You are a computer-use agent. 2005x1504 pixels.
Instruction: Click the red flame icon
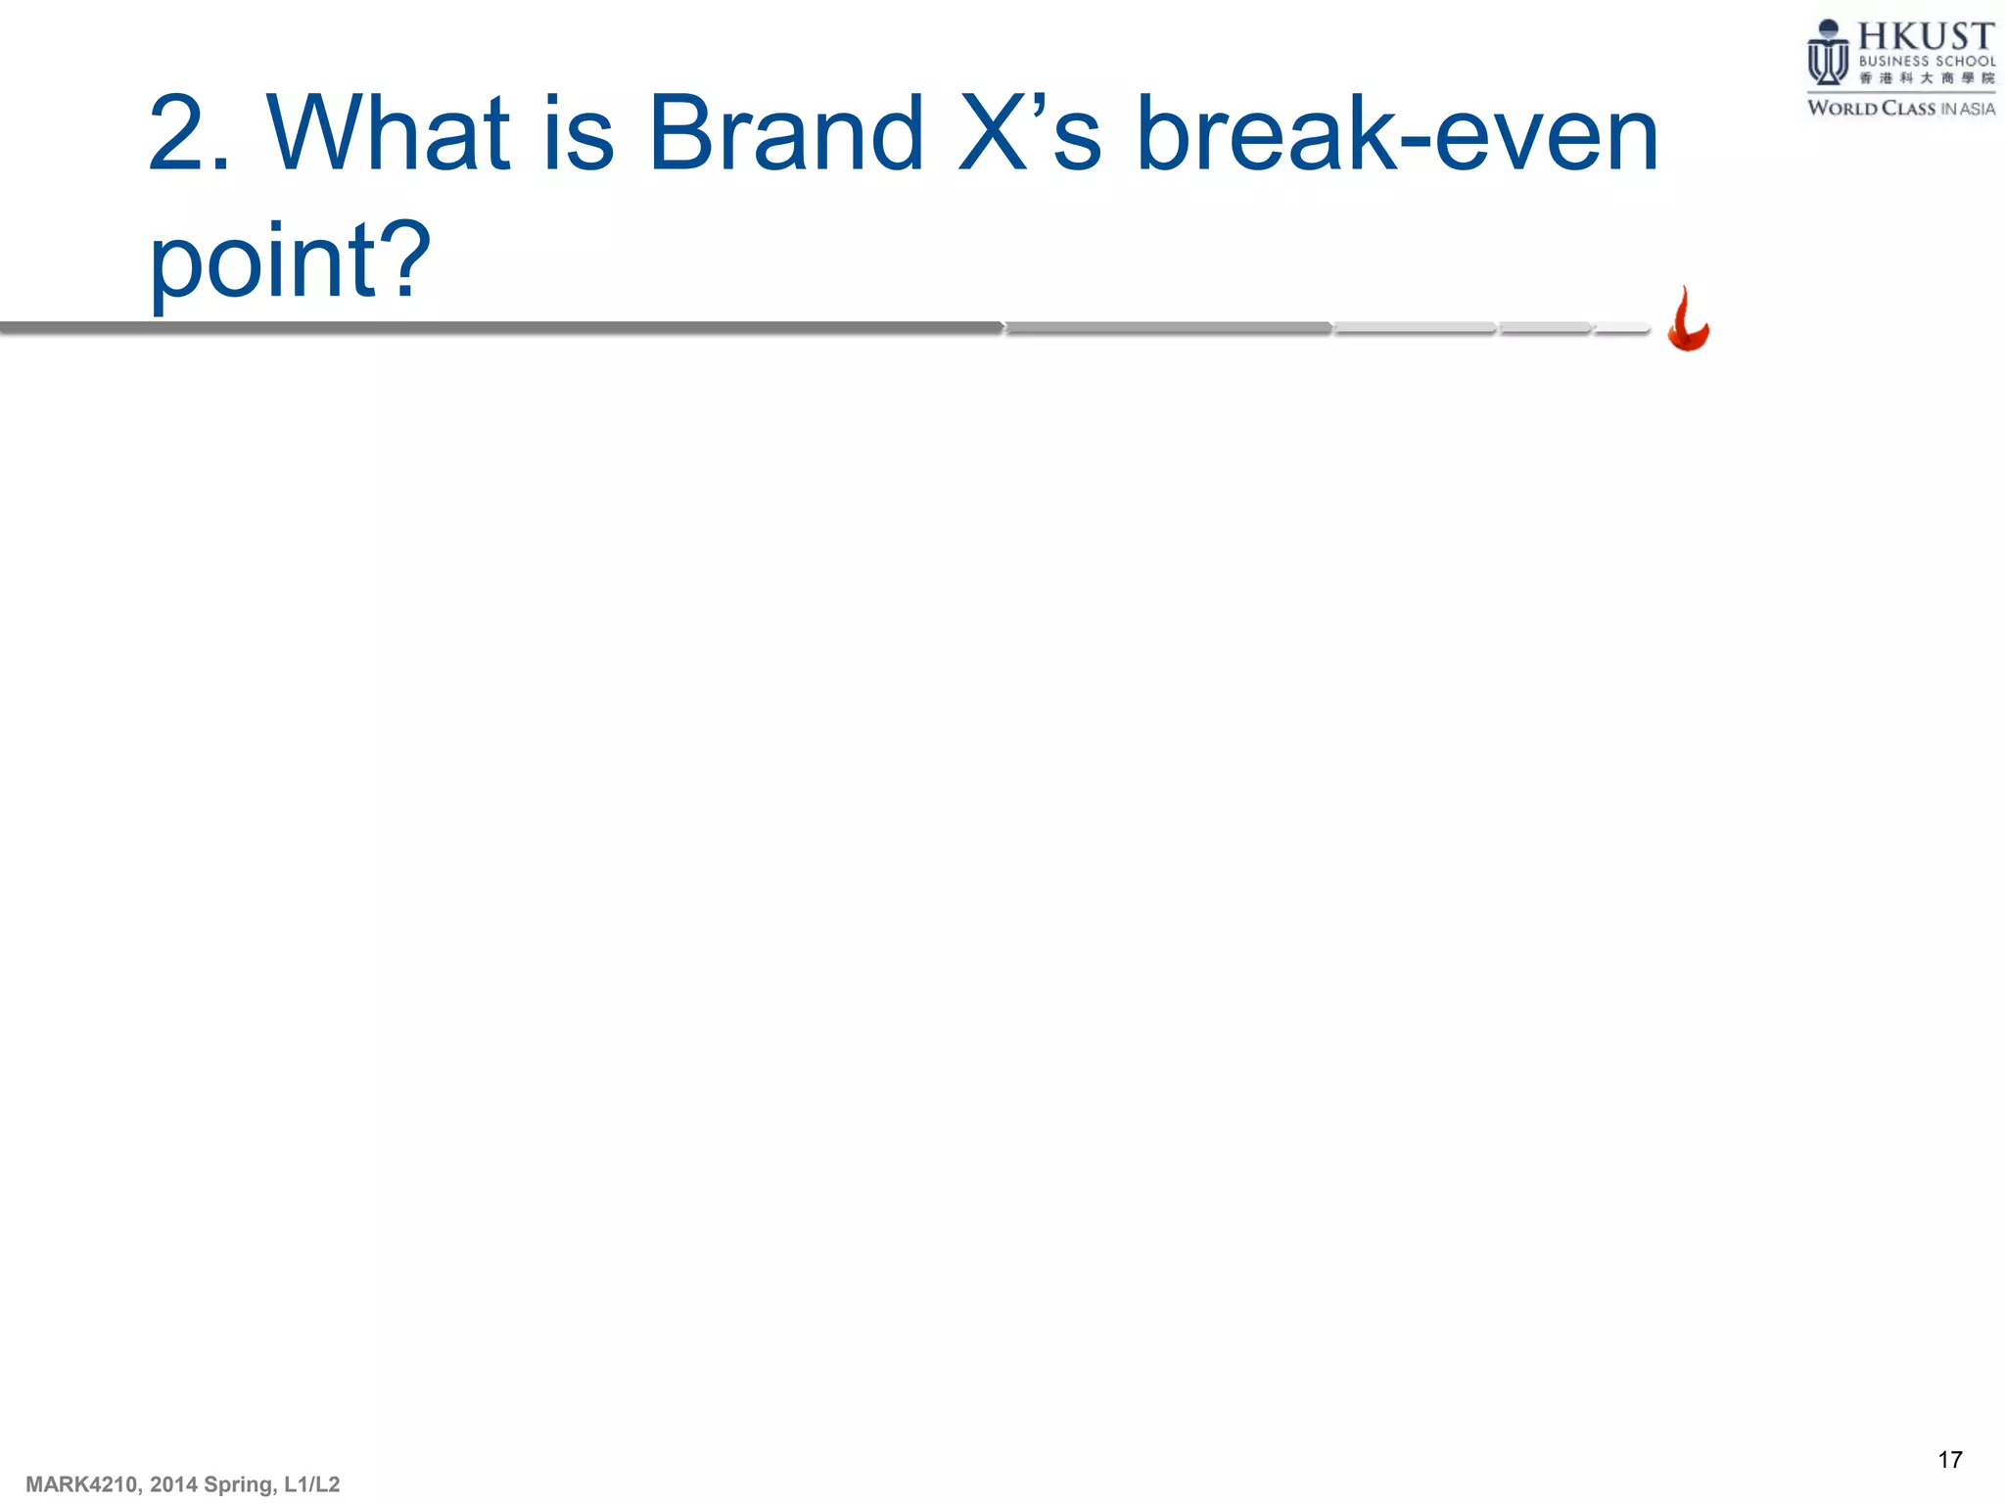coord(1688,320)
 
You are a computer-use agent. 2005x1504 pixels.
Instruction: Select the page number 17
coord(1949,1460)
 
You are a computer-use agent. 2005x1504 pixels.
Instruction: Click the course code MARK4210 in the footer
coord(83,1484)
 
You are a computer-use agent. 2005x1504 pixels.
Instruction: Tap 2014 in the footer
coord(173,1484)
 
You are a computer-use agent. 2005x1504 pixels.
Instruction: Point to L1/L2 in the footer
coord(311,1484)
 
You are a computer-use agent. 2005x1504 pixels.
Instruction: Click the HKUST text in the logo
coord(1925,37)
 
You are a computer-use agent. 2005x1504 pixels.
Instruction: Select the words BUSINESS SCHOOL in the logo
coord(1926,61)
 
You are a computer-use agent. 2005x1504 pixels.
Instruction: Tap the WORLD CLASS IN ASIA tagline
coord(1900,108)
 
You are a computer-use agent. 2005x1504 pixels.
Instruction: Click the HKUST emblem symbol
coord(1827,54)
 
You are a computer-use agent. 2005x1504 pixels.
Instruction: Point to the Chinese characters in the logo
coord(1926,78)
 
